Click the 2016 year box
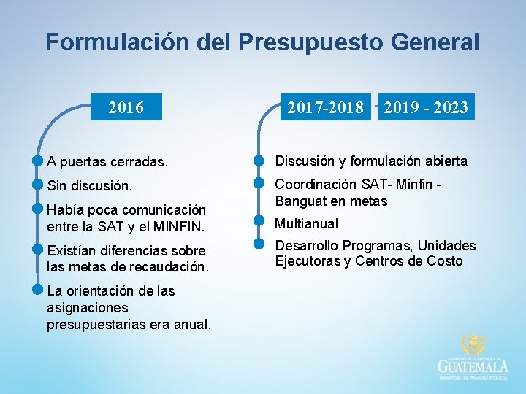[x=126, y=109]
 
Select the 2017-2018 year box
[x=325, y=108]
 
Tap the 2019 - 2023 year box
[x=426, y=108]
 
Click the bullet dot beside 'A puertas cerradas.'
[x=37, y=159]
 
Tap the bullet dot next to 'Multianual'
[x=258, y=220]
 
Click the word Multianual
[x=306, y=223]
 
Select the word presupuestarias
[x=95, y=323]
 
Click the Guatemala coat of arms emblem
[x=473, y=345]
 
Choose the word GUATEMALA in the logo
[x=473, y=366]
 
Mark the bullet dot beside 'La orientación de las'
[x=37, y=287]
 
